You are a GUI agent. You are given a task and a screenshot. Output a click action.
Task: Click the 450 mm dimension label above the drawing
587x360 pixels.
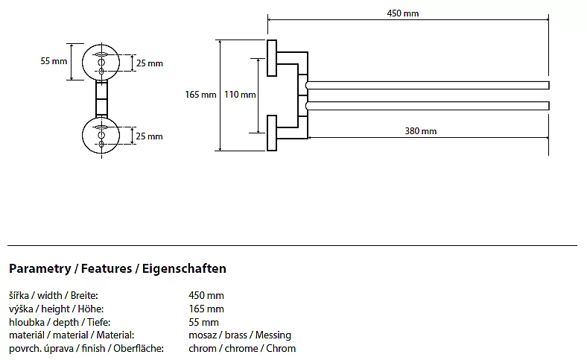[x=403, y=13]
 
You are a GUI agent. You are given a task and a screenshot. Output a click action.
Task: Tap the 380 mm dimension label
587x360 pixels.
[x=421, y=131]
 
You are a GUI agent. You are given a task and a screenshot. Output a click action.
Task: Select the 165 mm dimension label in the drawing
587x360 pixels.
[x=200, y=95]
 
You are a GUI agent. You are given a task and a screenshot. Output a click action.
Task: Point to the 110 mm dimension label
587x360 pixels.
[x=240, y=95]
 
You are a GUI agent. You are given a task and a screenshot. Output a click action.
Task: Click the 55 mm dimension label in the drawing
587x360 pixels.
[x=54, y=61]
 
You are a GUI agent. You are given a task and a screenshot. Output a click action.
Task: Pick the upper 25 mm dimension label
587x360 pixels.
[x=149, y=63]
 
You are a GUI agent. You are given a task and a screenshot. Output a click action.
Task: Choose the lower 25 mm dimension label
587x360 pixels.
[x=149, y=136]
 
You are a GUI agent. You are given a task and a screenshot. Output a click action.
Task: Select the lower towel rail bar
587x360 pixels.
[x=428, y=106]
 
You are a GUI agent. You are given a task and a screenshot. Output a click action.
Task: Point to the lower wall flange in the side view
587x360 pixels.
[x=272, y=132]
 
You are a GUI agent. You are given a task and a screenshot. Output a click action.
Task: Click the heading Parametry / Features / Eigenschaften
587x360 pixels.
[x=118, y=268]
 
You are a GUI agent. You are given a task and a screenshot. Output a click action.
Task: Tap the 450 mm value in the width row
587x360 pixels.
[x=206, y=295]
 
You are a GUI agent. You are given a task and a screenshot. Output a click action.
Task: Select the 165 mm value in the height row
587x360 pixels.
[x=206, y=309]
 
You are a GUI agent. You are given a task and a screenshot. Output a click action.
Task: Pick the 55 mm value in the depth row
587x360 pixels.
[x=204, y=322]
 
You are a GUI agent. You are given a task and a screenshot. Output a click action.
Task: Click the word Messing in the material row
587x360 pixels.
[x=273, y=335]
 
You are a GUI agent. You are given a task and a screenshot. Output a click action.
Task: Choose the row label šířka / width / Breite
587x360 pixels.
[x=54, y=295]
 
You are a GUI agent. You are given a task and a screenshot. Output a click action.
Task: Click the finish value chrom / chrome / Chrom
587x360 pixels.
[x=242, y=348]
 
